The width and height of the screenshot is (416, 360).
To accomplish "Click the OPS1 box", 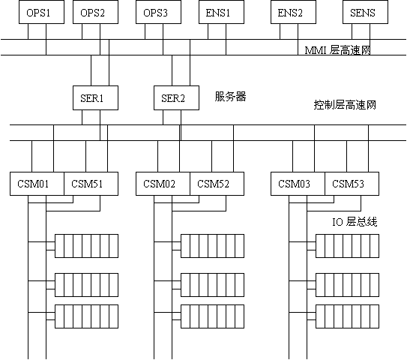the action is (41, 12).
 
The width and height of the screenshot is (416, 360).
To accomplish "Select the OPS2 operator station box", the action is (95, 12).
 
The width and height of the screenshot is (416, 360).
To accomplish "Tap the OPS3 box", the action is (158, 12).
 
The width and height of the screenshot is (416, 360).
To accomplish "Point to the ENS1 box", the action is (222, 12).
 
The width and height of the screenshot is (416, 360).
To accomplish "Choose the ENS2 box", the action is (293, 12).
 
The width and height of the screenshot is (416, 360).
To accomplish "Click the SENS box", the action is (365, 12).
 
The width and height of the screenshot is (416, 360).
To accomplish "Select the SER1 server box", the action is (95, 97).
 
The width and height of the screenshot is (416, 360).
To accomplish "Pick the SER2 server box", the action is (176, 97).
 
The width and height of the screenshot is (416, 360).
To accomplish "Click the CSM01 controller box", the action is (37, 184).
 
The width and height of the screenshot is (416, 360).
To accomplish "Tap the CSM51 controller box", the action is (91, 184).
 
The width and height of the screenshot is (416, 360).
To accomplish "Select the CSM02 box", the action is (163, 184).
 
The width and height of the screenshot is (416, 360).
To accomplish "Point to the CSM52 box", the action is (217, 184).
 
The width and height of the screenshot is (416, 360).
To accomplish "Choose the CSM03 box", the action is (298, 184).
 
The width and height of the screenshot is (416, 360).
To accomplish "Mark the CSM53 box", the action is (352, 184).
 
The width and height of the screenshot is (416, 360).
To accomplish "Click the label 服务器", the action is (230, 96).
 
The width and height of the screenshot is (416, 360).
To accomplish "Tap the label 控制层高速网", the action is (345, 105).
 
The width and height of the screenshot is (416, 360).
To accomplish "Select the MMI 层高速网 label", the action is (337, 50).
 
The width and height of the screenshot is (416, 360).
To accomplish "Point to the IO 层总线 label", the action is (355, 221).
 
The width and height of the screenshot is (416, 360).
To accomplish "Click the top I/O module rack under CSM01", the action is (86, 246).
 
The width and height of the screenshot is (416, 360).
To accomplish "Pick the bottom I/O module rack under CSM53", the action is (347, 316).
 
